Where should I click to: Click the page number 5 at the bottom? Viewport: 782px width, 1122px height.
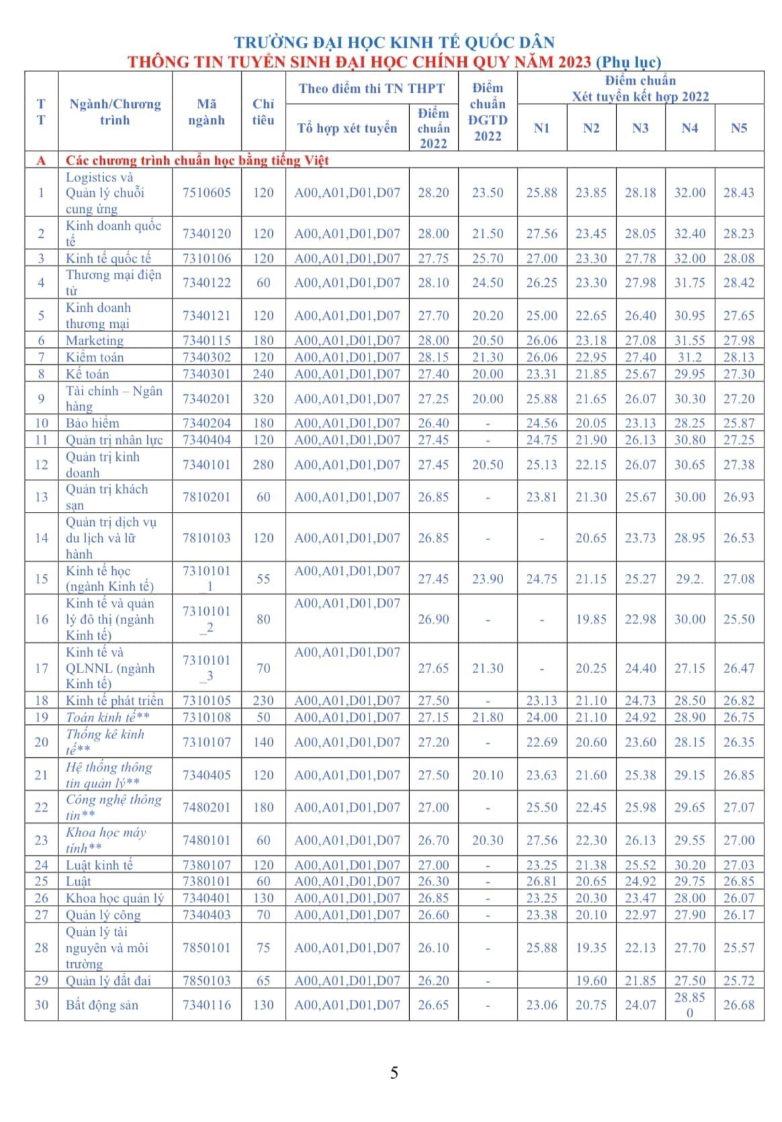click(394, 1073)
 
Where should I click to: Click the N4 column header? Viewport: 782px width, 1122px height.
click(689, 128)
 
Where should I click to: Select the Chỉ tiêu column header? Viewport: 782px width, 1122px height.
click(263, 112)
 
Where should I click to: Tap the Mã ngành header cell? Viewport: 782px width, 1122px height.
click(206, 112)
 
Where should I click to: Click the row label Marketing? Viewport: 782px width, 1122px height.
click(95, 341)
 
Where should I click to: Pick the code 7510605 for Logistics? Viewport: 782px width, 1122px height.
click(206, 193)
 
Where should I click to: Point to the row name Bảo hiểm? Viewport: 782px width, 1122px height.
click(93, 423)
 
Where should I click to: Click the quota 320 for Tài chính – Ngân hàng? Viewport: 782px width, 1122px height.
click(263, 399)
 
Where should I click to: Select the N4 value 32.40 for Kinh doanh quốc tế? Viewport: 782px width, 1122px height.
click(690, 234)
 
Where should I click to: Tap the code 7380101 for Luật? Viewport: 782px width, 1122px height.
click(206, 881)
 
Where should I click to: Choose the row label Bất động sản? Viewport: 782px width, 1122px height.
click(101, 1006)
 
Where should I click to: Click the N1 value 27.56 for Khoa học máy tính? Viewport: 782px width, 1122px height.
click(541, 840)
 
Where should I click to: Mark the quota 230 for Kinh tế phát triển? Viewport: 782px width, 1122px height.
click(263, 701)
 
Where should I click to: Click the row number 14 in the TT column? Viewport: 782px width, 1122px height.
click(42, 538)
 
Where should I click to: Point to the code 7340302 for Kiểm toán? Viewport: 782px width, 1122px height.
click(206, 357)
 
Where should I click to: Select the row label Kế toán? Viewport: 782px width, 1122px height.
click(87, 374)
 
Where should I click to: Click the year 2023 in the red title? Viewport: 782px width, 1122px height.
click(572, 62)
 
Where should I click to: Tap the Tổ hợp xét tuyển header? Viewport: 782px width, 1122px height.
click(347, 128)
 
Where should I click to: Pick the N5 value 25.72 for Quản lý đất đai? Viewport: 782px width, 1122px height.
click(739, 981)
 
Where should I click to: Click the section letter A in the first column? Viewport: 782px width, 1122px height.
click(42, 161)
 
